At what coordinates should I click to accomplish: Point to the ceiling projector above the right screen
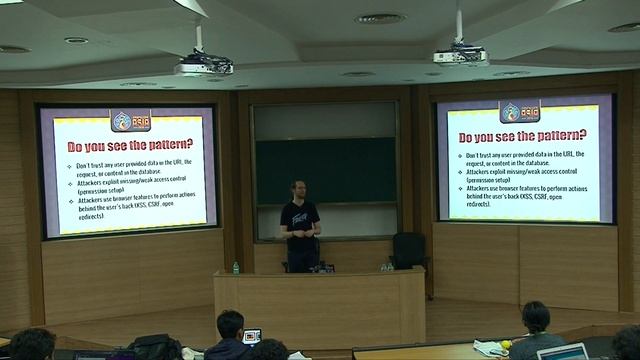[459, 55]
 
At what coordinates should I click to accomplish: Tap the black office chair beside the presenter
[407, 249]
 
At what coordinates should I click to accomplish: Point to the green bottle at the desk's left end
[236, 268]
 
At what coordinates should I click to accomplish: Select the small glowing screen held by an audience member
[252, 336]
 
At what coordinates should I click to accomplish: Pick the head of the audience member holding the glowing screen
[230, 324]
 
